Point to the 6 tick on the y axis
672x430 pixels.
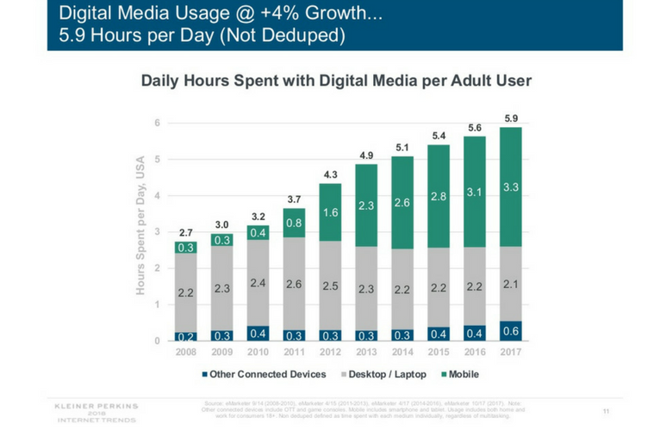pyautogui.click(x=157, y=123)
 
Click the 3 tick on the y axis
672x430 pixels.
pyautogui.click(x=157, y=232)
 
